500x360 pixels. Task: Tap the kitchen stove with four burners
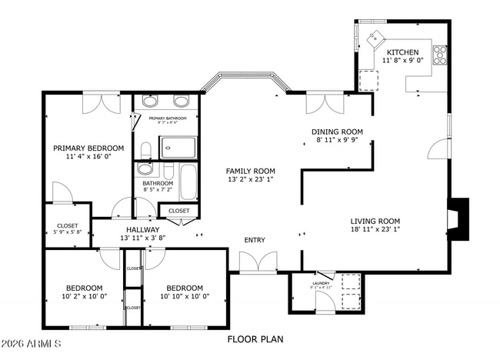440,55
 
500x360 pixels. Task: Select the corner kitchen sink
378,38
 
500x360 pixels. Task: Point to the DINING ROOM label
336,132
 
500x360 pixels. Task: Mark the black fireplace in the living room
458,219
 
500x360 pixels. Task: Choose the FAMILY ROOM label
250,171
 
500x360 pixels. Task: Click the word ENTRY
255,240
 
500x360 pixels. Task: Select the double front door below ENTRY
258,263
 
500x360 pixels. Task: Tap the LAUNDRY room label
321,283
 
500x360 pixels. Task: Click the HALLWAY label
143,229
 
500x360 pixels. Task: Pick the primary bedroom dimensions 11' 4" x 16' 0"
88,156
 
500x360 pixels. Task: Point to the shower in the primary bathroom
178,146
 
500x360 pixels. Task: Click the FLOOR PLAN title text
255,338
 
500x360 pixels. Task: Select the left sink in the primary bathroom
150,102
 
